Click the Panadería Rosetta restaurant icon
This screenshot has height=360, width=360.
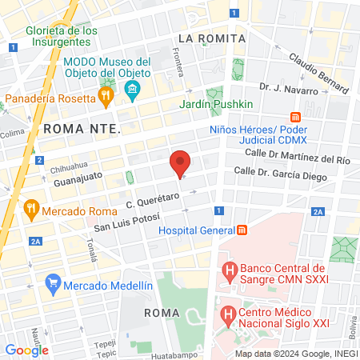pyautogui.click(x=105, y=98)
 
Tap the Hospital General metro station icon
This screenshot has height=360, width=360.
pyautogui.click(x=242, y=230)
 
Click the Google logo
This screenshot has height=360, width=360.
pyautogui.click(x=26, y=350)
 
